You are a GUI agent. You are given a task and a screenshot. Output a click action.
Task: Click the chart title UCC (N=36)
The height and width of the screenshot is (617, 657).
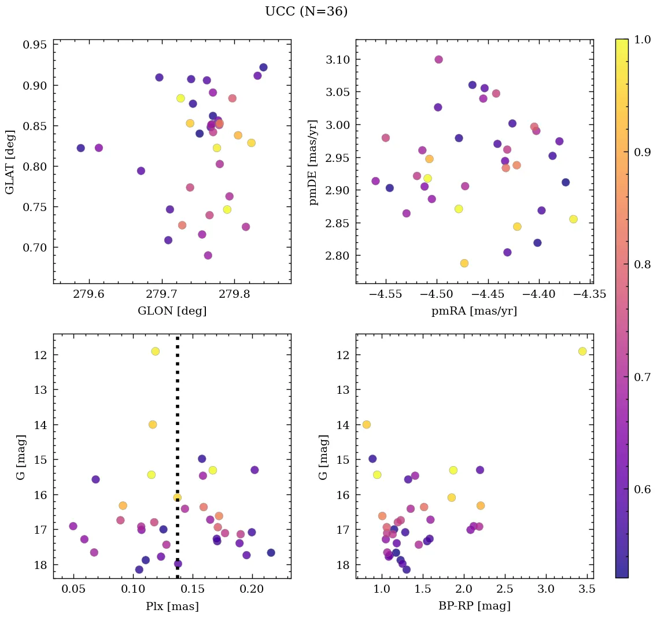point(306,12)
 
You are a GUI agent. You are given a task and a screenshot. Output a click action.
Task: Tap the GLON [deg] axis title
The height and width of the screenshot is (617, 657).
point(172,311)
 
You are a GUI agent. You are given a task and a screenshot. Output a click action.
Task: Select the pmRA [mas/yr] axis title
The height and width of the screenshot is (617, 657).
point(474,311)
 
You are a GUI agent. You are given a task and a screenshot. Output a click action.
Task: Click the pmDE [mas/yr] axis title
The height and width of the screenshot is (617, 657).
point(314,161)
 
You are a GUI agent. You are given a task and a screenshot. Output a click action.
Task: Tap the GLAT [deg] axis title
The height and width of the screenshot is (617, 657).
point(10,161)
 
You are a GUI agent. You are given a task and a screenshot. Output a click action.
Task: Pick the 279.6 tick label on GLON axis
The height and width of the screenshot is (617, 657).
point(89,294)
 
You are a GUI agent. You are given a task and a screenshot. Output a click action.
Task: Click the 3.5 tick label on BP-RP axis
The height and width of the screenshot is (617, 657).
point(587,589)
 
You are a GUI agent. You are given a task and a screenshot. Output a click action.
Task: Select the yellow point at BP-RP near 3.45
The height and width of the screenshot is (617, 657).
point(582,351)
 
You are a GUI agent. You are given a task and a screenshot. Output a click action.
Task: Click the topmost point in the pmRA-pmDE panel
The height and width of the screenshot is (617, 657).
point(438,60)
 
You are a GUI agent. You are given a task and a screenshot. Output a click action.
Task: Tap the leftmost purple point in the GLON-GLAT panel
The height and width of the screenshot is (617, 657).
point(80,148)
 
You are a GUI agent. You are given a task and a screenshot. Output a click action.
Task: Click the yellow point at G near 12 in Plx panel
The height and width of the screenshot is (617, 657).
point(155,351)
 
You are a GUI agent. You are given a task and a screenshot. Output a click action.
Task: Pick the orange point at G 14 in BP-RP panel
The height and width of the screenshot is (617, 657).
point(366,424)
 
